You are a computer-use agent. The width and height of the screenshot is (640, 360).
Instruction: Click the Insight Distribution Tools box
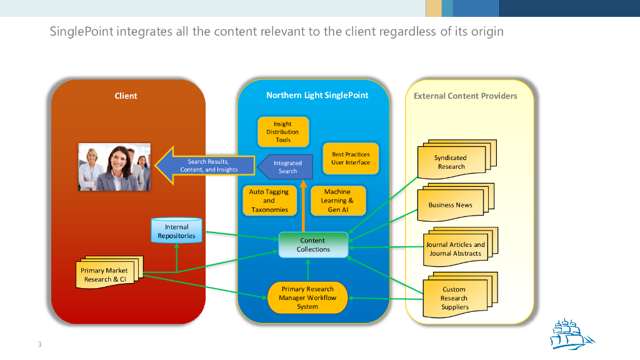[x=283, y=132]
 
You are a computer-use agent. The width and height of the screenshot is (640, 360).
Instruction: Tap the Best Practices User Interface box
[x=351, y=158]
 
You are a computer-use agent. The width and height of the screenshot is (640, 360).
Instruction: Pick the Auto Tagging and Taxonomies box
[x=269, y=201]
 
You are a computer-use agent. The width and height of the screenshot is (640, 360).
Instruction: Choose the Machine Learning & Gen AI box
[x=337, y=201]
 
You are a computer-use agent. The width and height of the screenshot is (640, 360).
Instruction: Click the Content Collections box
[x=313, y=244]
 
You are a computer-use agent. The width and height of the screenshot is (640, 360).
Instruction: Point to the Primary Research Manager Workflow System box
[x=307, y=297]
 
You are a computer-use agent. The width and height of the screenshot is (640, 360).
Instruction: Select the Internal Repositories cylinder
[x=176, y=231]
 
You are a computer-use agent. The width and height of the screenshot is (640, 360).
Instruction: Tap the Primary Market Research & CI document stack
[x=106, y=274]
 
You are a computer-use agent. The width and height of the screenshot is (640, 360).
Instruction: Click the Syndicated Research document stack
[x=451, y=162]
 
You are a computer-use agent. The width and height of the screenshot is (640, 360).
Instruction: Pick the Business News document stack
[x=451, y=205]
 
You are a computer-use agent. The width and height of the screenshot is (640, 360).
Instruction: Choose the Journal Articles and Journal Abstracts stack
[x=456, y=249]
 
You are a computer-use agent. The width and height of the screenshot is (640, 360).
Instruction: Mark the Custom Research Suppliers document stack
[x=454, y=297]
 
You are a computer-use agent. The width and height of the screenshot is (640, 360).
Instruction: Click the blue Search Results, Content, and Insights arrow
[x=206, y=166]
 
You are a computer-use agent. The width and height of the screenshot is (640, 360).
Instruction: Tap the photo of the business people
[x=114, y=167]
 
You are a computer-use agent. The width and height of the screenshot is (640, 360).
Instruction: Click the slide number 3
[x=39, y=345]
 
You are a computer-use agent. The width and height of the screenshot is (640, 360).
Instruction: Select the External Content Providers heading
[x=466, y=96]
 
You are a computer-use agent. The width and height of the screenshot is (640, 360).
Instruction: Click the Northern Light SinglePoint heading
[x=317, y=95]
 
